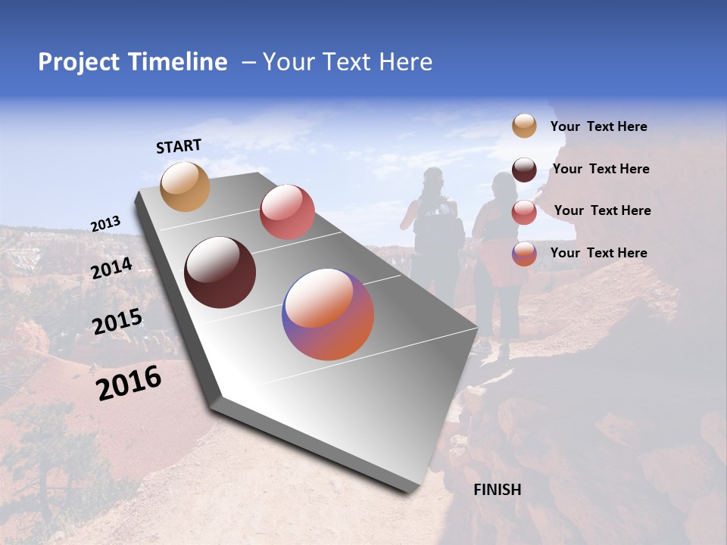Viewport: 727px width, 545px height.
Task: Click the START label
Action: (x=179, y=146)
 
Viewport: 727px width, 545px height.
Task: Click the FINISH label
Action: (x=498, y=490)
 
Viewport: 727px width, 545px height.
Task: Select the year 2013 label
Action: (x=105, y=224)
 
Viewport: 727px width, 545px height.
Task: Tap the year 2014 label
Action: (x=112, y=269)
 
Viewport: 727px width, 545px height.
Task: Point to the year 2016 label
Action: (x=129, y=383)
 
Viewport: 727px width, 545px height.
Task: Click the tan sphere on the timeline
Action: (x=185, y=186)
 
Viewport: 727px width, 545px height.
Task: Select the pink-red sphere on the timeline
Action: (x=287, y=211)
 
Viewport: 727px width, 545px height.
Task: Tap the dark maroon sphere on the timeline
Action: (x=220, y=272)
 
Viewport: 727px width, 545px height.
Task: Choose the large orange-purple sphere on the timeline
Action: (x=328, y=314)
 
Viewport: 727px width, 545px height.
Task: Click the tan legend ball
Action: (x=524, y=126)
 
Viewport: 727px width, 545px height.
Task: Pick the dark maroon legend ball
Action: (x=524, y=170)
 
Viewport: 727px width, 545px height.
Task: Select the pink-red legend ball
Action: (x=524, y=212)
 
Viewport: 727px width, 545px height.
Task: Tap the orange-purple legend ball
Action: (x=524, y=254)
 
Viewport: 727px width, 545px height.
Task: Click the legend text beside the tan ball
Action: (x=598, y=127)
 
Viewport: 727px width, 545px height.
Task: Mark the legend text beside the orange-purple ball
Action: (x=598, y=253)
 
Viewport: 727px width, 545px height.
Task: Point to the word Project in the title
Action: (x=80, y=62)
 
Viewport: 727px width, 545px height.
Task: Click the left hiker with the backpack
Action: (x=434, y=227)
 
